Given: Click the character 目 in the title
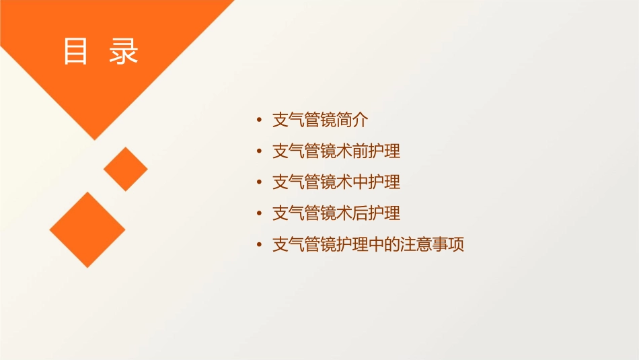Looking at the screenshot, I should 76,51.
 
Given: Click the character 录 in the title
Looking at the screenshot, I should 124,51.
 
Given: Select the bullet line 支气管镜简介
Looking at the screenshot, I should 320,120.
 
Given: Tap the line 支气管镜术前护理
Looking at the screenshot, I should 336,151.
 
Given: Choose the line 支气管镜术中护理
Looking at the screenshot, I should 336,182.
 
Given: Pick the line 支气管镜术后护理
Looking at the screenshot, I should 336,213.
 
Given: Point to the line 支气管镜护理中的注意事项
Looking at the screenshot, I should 368,244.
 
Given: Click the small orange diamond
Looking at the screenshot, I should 126,169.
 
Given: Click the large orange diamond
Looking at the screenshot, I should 87,229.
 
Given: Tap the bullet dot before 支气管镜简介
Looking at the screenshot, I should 260,121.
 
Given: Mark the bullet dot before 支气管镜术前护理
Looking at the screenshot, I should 260,152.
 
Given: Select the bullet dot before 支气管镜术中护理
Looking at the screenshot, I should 260,183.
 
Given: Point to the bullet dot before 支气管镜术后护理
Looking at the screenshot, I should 260,214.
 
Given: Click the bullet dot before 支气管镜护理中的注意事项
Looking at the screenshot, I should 260,245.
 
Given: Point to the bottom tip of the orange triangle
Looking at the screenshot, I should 95,139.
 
